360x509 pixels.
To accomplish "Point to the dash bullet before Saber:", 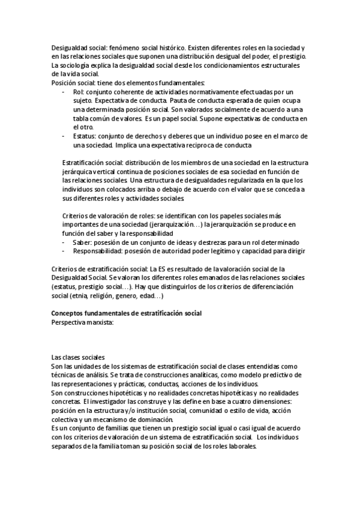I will click(64, 242).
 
